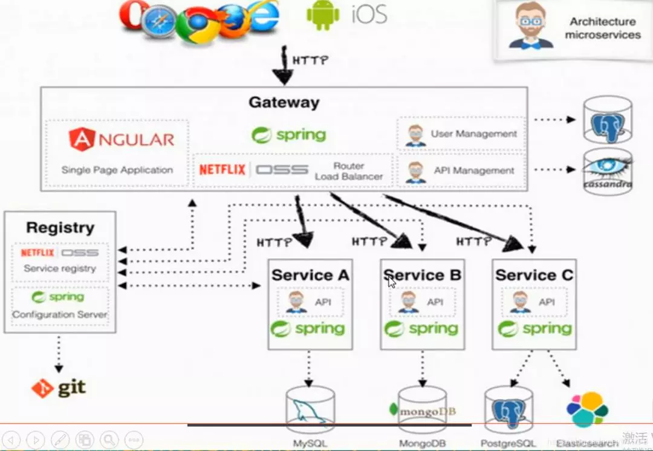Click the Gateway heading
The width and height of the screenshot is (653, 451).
click(284, 102)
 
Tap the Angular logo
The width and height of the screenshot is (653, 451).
click(122, 139)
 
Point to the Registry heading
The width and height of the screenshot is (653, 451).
click(60, 228)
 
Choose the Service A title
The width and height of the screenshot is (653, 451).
click(310, 275)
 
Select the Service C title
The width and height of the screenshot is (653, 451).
click(534, 275)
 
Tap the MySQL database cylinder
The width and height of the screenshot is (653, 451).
click(310, 408)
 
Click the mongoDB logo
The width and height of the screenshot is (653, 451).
click(423, 411)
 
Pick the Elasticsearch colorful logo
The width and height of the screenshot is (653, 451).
click(587, 409)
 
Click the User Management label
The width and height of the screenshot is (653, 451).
click(473, 134)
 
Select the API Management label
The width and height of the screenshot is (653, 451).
click(473, 171)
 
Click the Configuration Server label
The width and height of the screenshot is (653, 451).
click(60, 314)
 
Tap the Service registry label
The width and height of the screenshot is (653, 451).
click(60, 268)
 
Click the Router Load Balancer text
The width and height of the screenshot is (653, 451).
click(349, 171)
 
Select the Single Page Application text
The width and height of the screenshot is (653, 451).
click(117, 170)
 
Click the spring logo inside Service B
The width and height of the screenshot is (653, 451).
click(421, 329)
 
